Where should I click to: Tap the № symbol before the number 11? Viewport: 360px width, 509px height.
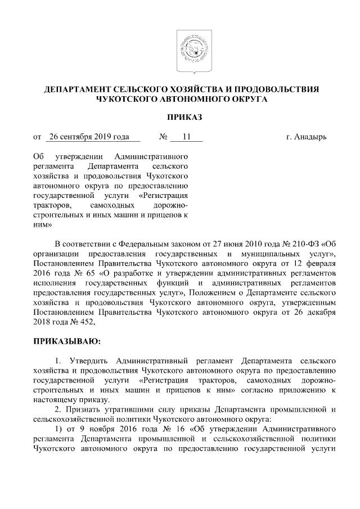pos(164,137)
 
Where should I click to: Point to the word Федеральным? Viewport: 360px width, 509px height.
pos(133,243)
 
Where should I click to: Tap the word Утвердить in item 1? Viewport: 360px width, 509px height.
pos(89,360)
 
